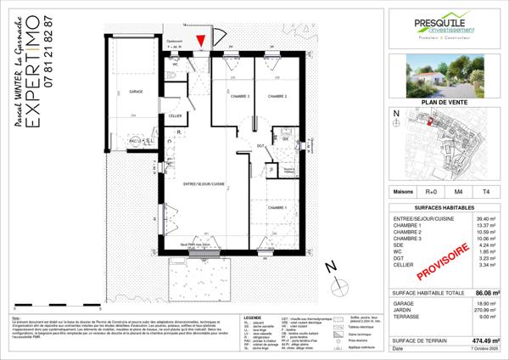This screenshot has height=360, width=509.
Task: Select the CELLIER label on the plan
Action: [x=175, y=115]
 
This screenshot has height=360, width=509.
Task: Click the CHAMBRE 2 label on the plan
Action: [x=277, y=97]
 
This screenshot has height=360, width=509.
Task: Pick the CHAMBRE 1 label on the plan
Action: [x=277, y=208]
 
